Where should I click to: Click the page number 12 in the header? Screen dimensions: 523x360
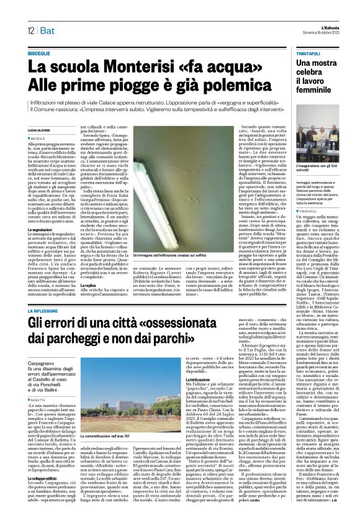point(30,30)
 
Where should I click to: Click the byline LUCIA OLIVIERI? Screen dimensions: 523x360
point(40,129)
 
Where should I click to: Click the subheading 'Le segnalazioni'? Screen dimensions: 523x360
point(41,229)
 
